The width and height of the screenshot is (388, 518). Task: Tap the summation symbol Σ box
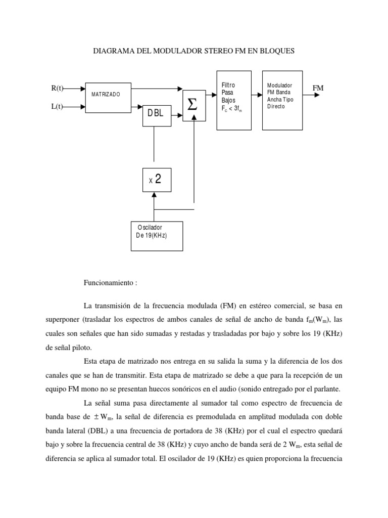pos(194,106)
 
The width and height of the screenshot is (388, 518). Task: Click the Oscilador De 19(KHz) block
pos(157,236)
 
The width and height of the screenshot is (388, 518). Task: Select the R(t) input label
pos(57,89)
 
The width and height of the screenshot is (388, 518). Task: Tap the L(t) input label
pos(57,107)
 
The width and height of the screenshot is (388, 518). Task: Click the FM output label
pos(318,89)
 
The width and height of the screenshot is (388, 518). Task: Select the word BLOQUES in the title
pos(276,51)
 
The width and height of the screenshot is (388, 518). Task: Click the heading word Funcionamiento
pos(108,282)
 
